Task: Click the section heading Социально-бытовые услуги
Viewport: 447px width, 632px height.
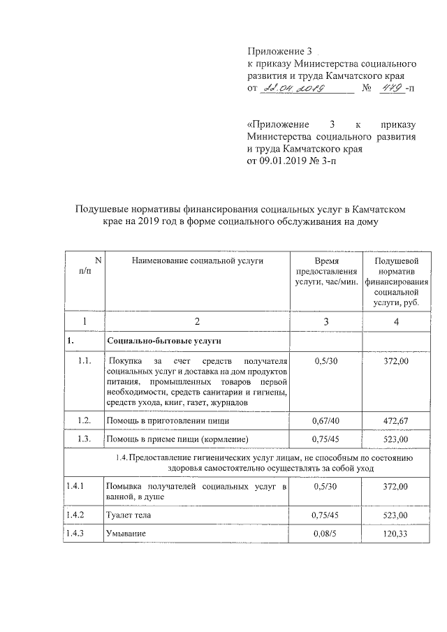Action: click(163, 341)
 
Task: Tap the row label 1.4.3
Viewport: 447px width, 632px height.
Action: click(75, 534)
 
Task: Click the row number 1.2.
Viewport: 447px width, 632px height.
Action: click(85, 421)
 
